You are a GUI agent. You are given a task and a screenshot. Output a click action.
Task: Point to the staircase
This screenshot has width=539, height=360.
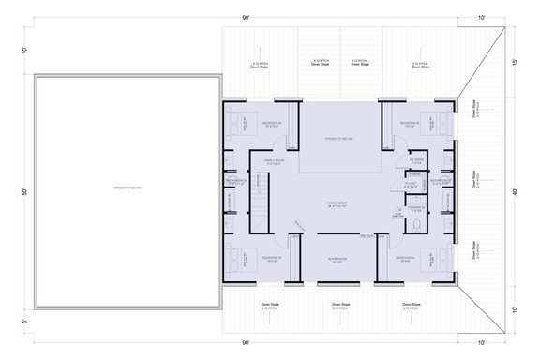coord(257,198)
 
